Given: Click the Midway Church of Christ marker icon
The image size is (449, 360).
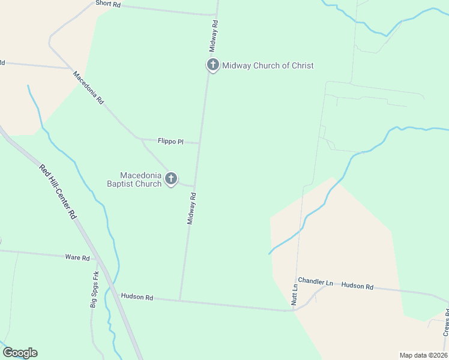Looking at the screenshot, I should click(212, 65).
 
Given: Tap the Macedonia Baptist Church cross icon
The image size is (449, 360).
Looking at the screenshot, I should click(171, 178).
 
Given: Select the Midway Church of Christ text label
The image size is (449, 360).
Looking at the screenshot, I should click(268, 66).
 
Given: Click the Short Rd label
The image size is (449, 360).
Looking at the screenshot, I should click(108, 4).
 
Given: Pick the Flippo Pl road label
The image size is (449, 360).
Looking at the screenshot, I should click(170, 142).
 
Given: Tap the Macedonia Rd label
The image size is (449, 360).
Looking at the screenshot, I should click(88, 88).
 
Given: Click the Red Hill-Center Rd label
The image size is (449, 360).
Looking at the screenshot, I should click(58, 191).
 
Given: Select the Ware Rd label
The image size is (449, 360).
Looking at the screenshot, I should click(77, 257).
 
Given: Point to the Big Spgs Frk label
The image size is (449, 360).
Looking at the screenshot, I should click(94, 289).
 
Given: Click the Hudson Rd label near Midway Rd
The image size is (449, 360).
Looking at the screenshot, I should click(137, 297).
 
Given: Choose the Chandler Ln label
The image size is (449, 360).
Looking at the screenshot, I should click(315, 281).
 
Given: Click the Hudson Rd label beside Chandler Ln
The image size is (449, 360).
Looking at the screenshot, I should click(357, 287).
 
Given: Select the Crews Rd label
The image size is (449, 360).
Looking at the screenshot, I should click(446, 322).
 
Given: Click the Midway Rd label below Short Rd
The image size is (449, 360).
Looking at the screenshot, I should click(214, 35).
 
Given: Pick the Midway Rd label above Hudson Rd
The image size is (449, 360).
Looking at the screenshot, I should click(191, 208).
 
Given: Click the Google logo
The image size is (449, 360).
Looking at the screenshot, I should click(20, 353).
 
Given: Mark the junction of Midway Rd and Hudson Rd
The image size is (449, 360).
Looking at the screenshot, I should click(179, 300).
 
